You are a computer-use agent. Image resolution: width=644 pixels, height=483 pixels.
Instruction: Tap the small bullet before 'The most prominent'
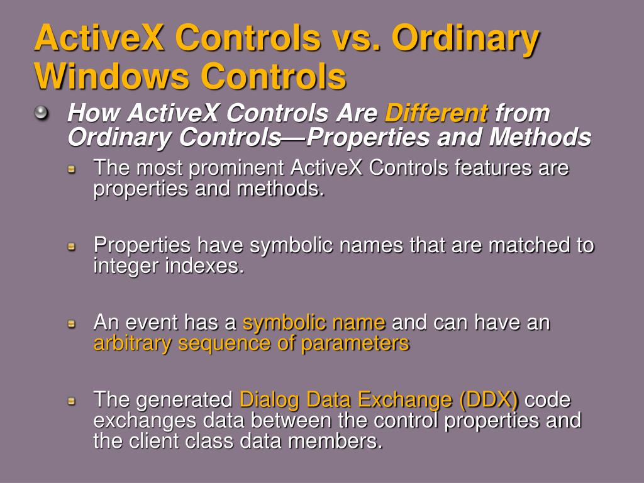coord(72,169)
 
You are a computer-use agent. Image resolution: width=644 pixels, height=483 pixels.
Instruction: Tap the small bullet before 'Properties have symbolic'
coord(72,246)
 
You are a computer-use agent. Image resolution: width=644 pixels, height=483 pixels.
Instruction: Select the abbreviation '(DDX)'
coord(489,400)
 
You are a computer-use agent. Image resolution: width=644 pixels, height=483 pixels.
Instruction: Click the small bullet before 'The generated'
coord(72,400)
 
